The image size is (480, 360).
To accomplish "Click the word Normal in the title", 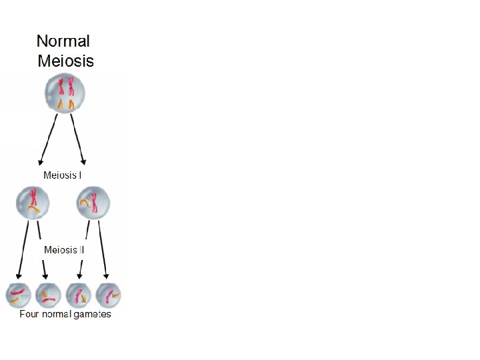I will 63,41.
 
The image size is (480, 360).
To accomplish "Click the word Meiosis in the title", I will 65,61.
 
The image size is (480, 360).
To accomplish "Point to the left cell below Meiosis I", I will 32,202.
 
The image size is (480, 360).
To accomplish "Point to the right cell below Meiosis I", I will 93,201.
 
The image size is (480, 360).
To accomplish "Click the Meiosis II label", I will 63,250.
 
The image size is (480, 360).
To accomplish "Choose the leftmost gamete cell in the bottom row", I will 18,295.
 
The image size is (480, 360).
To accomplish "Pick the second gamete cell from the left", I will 48,295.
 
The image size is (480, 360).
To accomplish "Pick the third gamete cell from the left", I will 79,295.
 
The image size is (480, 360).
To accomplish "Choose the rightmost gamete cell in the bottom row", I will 108,295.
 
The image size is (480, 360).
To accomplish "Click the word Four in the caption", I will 29,314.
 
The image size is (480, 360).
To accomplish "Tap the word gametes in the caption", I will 93,314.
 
